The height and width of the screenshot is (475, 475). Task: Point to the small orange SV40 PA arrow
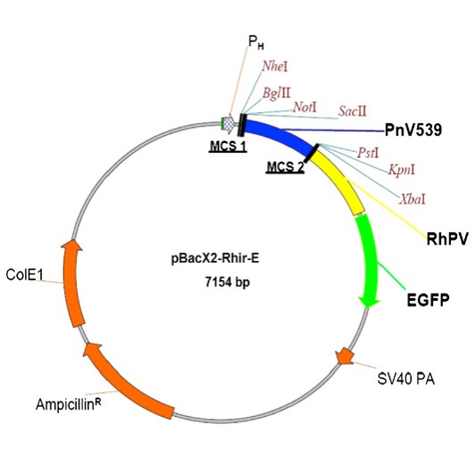point(343,357)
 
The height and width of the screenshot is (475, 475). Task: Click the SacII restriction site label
point(352,111)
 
